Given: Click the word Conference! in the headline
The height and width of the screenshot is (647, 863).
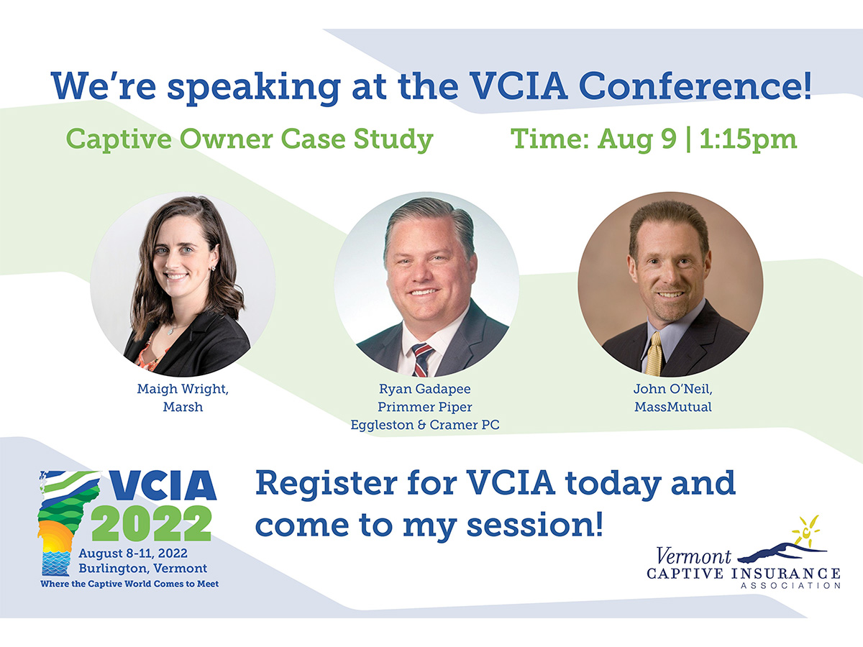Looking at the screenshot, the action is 695,86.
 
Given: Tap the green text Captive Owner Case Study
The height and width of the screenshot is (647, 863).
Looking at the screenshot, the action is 250,139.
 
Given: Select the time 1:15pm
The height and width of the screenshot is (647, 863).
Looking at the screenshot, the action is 748,139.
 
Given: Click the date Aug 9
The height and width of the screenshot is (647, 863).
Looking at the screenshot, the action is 637,139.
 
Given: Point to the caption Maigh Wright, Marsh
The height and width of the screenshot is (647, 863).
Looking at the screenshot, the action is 183,398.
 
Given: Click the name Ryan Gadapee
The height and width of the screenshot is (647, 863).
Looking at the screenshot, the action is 424,389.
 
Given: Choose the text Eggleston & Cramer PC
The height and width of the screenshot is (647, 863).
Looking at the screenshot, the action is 425,425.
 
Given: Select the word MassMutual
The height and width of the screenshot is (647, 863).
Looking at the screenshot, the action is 672,407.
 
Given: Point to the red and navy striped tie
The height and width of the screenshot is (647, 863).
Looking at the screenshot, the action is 422,359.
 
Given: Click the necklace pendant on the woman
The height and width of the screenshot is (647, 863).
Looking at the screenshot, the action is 170,331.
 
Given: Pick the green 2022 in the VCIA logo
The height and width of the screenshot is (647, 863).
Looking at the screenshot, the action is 152,523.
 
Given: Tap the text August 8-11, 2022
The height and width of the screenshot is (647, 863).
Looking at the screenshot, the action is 133,553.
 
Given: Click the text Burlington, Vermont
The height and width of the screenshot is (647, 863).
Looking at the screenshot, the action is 142,569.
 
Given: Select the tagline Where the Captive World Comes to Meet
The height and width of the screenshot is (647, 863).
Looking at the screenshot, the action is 129,584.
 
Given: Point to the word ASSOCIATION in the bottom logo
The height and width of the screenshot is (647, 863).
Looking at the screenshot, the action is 790,586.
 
